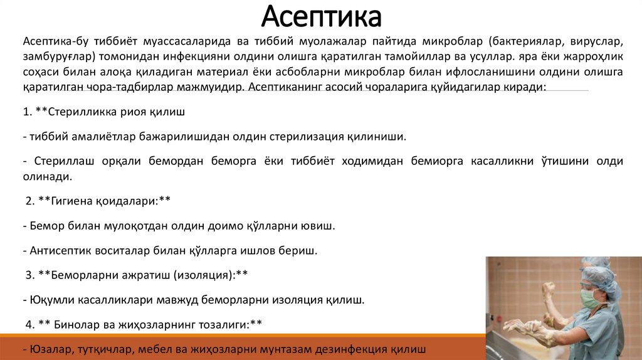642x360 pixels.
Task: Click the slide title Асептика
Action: [320, 17]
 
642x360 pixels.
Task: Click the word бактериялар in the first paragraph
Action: [525, 42]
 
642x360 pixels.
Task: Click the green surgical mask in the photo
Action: [589, 299]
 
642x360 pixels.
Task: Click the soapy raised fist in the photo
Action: [549, 290]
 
